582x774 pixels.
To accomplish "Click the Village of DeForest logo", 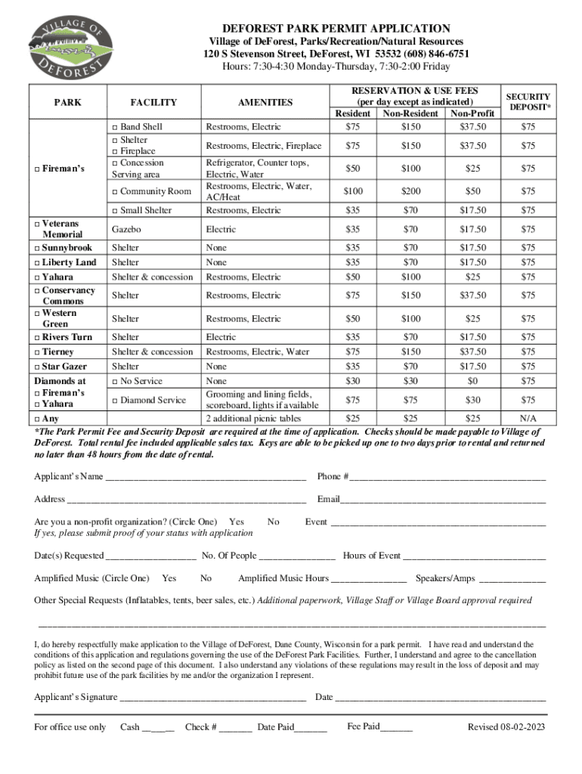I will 70,47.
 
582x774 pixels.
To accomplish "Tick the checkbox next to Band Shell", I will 115,127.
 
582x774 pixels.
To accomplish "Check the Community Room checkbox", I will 115,192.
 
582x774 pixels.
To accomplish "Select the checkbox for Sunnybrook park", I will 39,248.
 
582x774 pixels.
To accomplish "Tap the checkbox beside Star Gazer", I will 39,367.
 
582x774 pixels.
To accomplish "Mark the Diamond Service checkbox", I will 115,401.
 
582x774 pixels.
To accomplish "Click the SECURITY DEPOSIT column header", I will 528,102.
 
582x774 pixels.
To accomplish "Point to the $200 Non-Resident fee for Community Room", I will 410,192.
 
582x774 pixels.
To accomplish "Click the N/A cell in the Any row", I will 528,418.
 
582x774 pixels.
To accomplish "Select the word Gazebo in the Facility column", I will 125,228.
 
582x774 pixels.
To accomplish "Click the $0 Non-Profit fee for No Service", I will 472,381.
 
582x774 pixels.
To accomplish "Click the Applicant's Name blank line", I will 206,478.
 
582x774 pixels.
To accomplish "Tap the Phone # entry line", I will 447,478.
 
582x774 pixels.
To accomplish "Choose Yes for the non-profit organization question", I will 236,522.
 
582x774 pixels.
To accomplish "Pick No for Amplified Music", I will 206,578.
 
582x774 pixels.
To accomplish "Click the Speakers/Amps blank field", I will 512,580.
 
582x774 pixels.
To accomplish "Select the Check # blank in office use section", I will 237,729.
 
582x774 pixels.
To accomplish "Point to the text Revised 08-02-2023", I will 506,727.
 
